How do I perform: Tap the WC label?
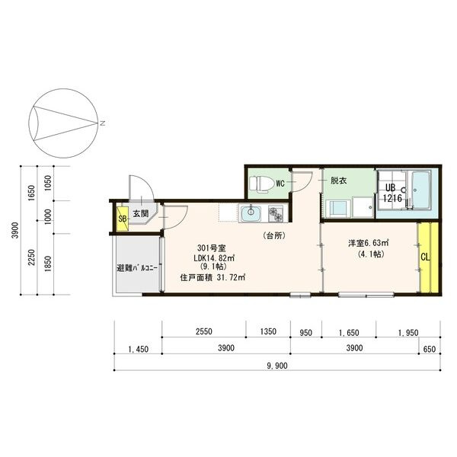(280, 184)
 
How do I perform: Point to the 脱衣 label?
(338, 181)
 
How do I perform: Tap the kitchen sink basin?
(251, 215)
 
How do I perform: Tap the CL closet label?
(425, 257)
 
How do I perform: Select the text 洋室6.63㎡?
(369, 243)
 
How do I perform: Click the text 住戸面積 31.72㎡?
(213, 278)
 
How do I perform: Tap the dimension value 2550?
(203, 332)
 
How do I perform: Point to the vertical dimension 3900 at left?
(14, 231)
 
